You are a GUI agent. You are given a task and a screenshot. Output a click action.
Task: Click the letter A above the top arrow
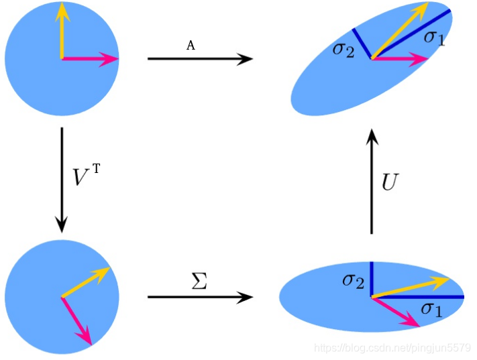[x=191, y=46]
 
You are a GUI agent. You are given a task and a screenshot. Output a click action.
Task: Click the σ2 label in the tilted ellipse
[x=343, y=50]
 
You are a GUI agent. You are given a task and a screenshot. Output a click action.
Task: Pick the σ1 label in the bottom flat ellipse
[x=431, y=308]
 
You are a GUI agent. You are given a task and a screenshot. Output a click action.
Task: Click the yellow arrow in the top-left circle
[x=62, y=30]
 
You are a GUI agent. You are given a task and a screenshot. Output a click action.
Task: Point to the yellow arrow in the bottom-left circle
[x=85, y=282]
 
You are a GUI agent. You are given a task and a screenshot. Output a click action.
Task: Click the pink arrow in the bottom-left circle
[x=76, y=320]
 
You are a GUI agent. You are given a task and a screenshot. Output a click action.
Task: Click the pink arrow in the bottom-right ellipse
[x=396, y=311]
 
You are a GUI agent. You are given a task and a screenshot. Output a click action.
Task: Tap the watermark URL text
[x=393, y=349]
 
